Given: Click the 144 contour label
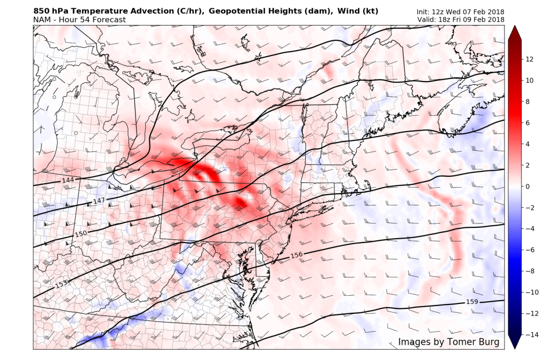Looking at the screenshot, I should (68, 180).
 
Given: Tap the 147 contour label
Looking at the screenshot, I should (98, 201).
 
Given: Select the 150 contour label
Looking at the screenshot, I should (80, 234).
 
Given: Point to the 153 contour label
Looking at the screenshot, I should (61, 284).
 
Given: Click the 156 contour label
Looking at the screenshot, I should (296, 255).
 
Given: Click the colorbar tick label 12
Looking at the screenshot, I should (530, 59).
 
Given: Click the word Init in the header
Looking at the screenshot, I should (424, 12).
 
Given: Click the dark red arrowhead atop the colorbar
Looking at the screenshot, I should (515, 33).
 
